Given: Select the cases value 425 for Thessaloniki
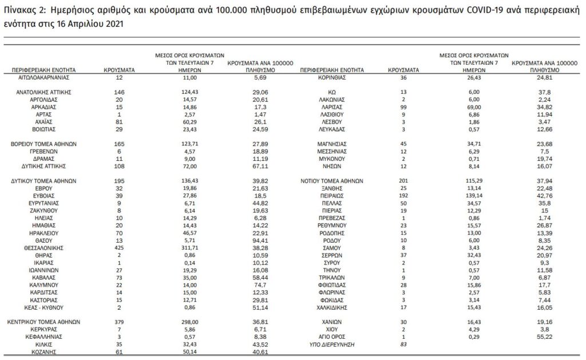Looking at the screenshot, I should coord(118,248).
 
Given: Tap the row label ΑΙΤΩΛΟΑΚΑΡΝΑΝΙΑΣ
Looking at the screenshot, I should coord(45,76).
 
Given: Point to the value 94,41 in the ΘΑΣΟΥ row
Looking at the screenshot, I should coord(260,241).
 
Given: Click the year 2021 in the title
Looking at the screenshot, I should coord(112,24).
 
